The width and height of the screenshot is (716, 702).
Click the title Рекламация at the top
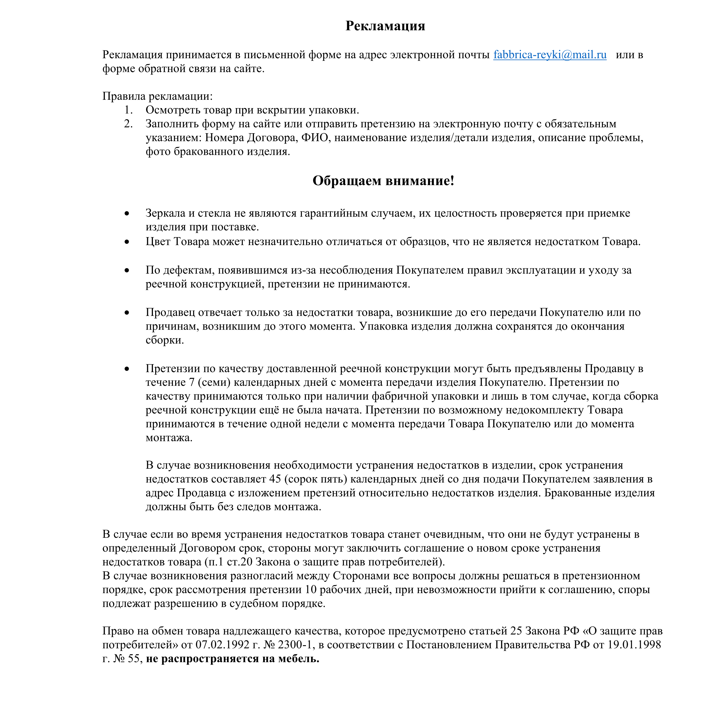[385, 26]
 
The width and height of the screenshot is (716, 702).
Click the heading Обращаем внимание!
[383, 181]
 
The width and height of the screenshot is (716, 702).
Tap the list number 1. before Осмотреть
[128, 110]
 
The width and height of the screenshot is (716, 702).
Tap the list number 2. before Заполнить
[128, 124]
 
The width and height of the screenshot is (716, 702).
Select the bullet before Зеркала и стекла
[127, 213]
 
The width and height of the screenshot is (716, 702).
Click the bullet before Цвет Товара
[127, 242]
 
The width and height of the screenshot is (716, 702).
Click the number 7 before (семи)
[192, 382]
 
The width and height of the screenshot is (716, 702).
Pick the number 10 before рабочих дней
[311, 590]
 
